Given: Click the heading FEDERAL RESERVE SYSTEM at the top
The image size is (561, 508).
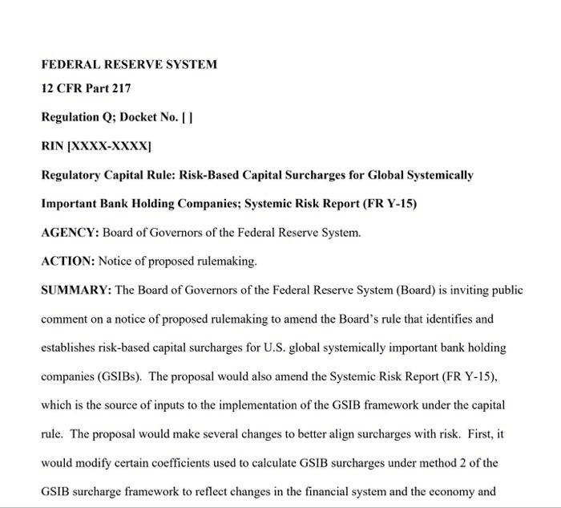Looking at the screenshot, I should [129, 64].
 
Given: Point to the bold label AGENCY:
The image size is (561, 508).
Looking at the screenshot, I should [70, 233].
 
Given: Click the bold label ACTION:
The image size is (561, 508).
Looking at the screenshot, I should [67, 262].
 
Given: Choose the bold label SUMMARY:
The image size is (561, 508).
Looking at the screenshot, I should [76, 290].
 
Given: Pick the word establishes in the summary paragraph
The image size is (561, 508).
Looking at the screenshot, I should [71, 347].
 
